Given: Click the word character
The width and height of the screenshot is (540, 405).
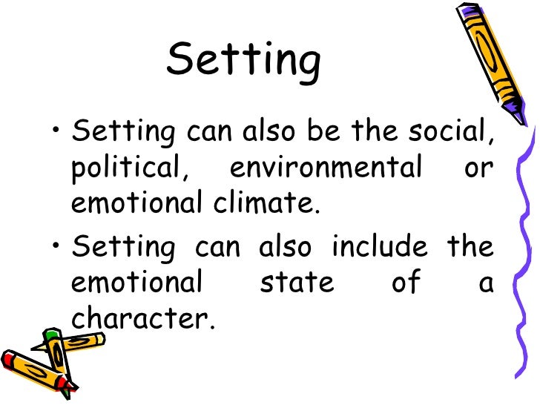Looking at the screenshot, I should point(142,317).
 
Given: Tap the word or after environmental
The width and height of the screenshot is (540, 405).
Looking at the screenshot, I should point(478,169).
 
